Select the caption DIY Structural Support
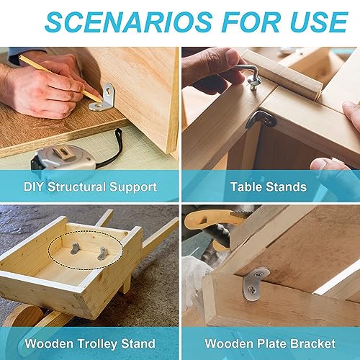pos(89,187)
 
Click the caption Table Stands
pos(269,187)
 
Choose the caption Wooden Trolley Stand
pos(89,344)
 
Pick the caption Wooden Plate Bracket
pos(269,344)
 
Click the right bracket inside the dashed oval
pos(102,251)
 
